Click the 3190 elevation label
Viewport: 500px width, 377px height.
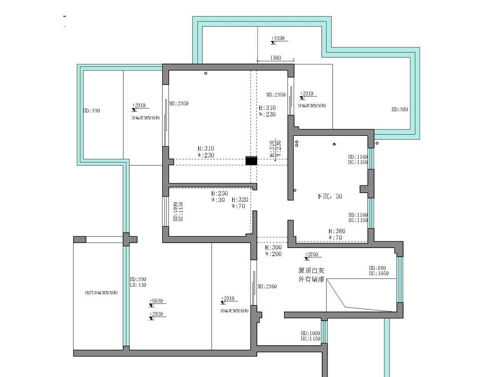pos(279,39)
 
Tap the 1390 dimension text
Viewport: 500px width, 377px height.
pos(275,58)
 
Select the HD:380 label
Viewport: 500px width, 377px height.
pos(400,109)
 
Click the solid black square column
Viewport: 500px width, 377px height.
pos(251,160)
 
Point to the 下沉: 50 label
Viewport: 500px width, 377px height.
pos(329,197)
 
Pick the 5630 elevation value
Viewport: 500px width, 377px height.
pos(157,301)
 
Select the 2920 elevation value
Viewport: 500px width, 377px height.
pos(157,314)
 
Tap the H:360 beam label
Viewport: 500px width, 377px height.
pos(337,231)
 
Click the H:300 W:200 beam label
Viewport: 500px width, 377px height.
pos(273,251)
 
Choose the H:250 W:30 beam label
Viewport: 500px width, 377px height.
pos(219,196)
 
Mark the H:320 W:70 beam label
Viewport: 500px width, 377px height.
pos(240,203)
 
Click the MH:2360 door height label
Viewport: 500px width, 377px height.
pos(267,287)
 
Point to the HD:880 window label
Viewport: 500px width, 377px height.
pos(378,268)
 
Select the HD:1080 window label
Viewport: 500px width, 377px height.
pos(310,333)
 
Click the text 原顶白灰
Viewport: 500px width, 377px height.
pos(311,270)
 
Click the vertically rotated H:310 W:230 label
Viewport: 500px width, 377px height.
pos(275,149)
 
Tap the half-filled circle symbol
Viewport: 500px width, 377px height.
pos(334,144)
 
